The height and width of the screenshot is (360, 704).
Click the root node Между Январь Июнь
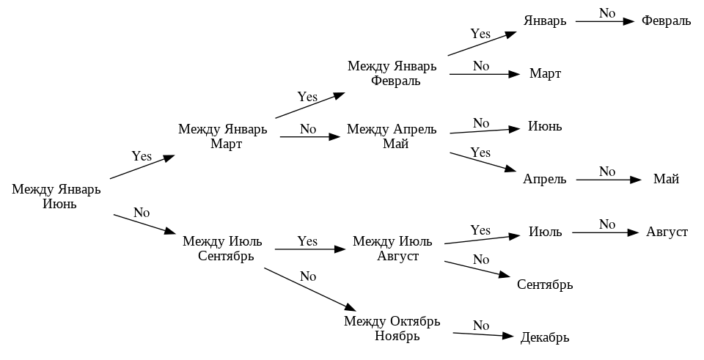(x=56, y=196)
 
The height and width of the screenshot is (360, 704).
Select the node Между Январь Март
(x=222, y=136)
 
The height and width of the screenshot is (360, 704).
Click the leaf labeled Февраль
(x=666, y=21)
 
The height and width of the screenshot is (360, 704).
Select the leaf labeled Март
(x=545, y=74)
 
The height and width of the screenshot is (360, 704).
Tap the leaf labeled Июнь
(x=545, y=126)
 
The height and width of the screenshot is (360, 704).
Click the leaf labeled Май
(x=666, y=179)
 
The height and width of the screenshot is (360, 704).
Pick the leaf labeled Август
(x=667, y=232)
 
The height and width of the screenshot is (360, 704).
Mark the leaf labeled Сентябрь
(x=545, y=284)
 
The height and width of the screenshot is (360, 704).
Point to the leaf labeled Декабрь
(x=545, y=338)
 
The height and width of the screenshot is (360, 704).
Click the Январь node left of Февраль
(x=545, y=21)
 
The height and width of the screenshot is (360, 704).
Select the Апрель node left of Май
(x=545, y=179)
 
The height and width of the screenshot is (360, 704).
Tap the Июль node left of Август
(x=545, y=232)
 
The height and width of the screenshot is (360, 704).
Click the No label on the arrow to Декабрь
(x=481, y=325)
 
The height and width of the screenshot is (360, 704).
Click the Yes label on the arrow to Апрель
(x=480, y=153)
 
